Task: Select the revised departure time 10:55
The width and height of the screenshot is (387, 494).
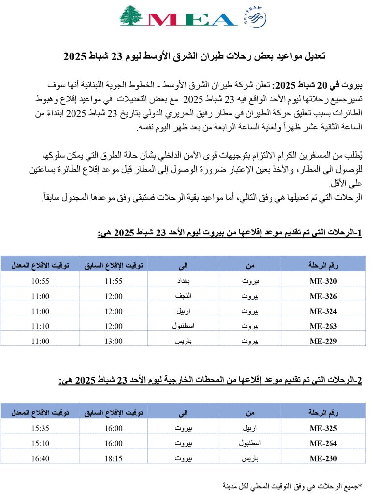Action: (x=40, y=281)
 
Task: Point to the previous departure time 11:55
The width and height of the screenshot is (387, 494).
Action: (x=115, y=281)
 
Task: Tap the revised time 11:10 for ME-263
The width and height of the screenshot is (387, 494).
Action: (x=40, y=326)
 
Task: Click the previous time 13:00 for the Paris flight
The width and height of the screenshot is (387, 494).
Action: (x=115, y=341)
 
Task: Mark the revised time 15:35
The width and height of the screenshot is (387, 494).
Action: (x=40, y=428)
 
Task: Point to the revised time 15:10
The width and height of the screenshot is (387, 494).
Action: (x=40, y=443)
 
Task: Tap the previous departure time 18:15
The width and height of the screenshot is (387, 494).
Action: (x=115, y=458)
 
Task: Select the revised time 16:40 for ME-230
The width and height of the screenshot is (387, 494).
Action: (x=40, y=458)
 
